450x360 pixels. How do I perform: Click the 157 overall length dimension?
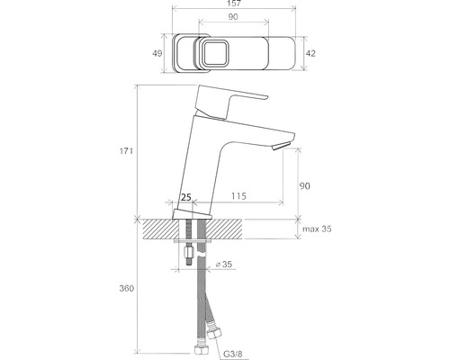(x=234, y=4)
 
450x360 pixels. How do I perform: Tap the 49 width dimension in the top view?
(x=157, y=53)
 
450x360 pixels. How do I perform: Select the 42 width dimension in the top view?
(x=310, y=53)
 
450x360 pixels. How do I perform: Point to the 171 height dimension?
(x=126, y=151)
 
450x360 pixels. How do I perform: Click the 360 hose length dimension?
(x=127, y=288)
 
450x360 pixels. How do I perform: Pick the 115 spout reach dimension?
(x=238, y=196)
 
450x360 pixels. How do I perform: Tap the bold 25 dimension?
(x=186, y=197)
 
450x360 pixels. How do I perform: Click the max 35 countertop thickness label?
(x=317, y=229)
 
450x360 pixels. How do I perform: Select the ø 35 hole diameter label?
(x=224, y=265)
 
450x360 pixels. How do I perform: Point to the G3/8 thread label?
(x=233, y=354)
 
